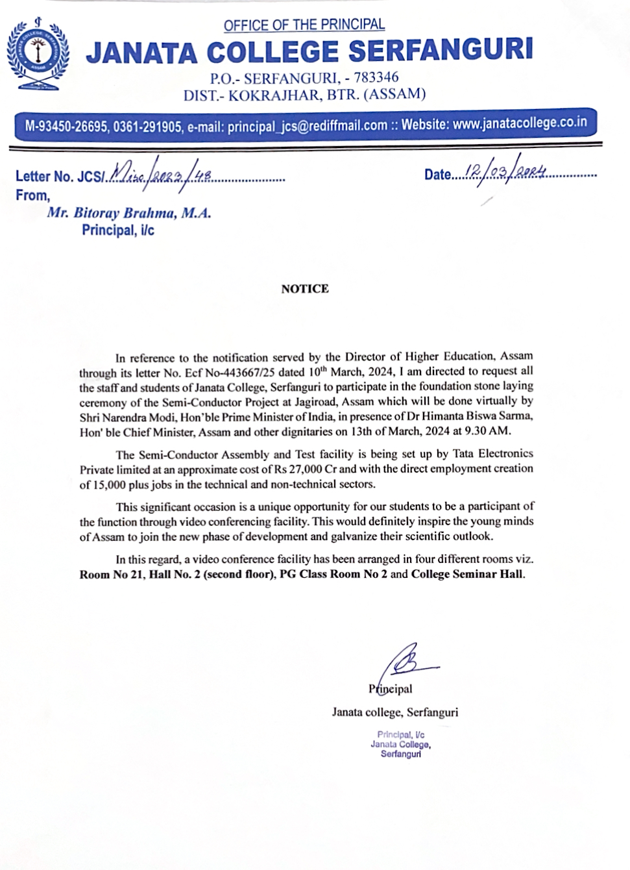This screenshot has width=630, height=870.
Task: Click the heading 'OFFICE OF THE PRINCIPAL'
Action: click(304, 25)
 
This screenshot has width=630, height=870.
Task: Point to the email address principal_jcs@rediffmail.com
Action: click(307, 125)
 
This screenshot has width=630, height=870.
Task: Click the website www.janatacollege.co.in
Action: click(520, 123)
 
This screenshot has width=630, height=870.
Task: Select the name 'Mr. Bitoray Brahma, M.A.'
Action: click(129, 213)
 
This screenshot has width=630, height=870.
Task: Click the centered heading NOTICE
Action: click(304, 289)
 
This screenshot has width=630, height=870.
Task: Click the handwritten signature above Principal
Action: click(407, 664)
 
